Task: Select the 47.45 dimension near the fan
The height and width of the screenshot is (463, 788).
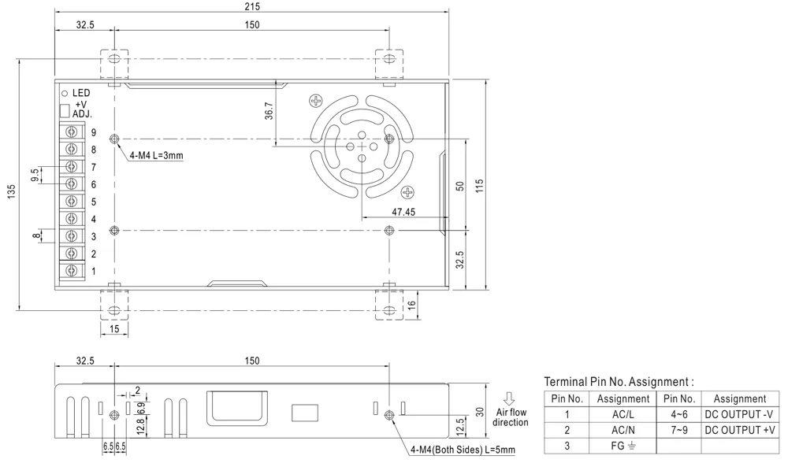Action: (403, 212)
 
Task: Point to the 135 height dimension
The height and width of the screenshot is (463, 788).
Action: (10, 192)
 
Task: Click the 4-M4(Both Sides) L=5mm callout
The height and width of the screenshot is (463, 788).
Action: (462, 450)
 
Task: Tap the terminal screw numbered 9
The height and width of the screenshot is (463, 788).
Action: (72, 132)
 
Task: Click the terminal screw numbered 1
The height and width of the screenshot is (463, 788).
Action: (72, 271)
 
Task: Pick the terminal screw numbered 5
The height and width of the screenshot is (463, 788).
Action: (72, 202)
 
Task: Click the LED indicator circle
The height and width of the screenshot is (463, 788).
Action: (65, 93)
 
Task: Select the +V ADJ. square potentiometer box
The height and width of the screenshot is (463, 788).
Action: (65, 110)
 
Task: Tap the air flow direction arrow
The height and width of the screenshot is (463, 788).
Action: (509, 398)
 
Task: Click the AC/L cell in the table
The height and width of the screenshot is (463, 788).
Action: (623, 414)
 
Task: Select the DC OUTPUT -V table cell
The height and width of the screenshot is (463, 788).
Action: (739, 414)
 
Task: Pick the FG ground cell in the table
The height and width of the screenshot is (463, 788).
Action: (623, 446)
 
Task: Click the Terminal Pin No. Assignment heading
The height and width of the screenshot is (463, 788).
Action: (619, 381)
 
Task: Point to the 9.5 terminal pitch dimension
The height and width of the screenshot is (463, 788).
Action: (35, 175)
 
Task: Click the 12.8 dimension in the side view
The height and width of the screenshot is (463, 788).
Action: (140, 426)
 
